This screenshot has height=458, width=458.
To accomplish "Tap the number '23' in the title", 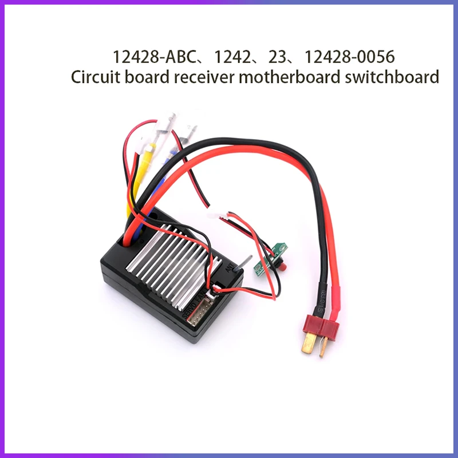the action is tap(278, 58).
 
